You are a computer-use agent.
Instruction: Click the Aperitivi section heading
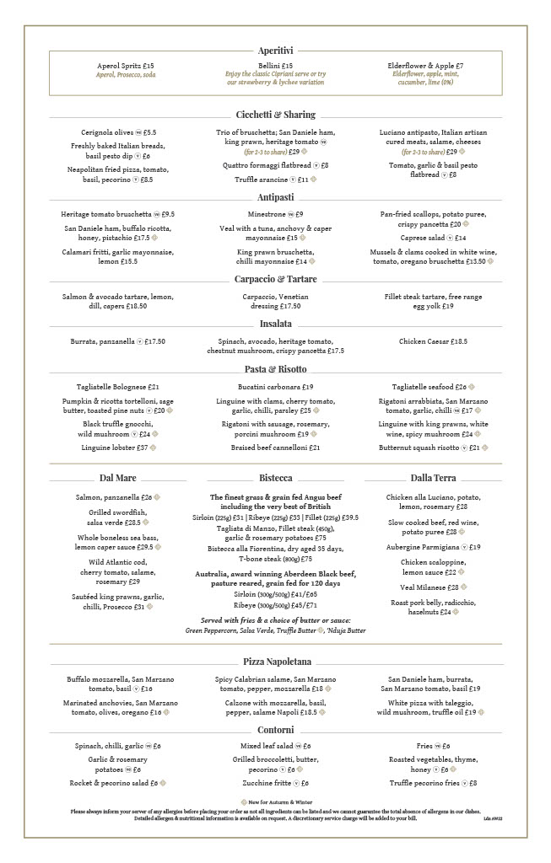pos(275,51)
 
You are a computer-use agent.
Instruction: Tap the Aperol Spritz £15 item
pos(126,66)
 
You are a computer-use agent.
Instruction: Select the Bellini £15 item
pos(275,66)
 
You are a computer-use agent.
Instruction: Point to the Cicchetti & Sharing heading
pos(275,115)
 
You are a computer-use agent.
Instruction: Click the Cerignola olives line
pos(118,132)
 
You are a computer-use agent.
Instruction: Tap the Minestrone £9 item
pos(275,214)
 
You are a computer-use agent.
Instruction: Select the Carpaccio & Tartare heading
pos(275,279)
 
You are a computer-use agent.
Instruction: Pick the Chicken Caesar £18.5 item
pos(433,341)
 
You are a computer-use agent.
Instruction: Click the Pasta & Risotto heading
pos(275,369)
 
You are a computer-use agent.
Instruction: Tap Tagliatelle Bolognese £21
pos(118,387)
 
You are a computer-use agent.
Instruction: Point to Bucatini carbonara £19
pos(275,387)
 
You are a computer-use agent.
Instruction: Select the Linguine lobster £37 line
pos(118,447)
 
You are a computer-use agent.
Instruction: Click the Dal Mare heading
pos(118,478)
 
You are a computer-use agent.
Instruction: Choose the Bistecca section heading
pos(275,478)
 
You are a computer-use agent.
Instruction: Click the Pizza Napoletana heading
pos(275,662)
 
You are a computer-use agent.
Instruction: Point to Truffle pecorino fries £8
pos(433,783)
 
